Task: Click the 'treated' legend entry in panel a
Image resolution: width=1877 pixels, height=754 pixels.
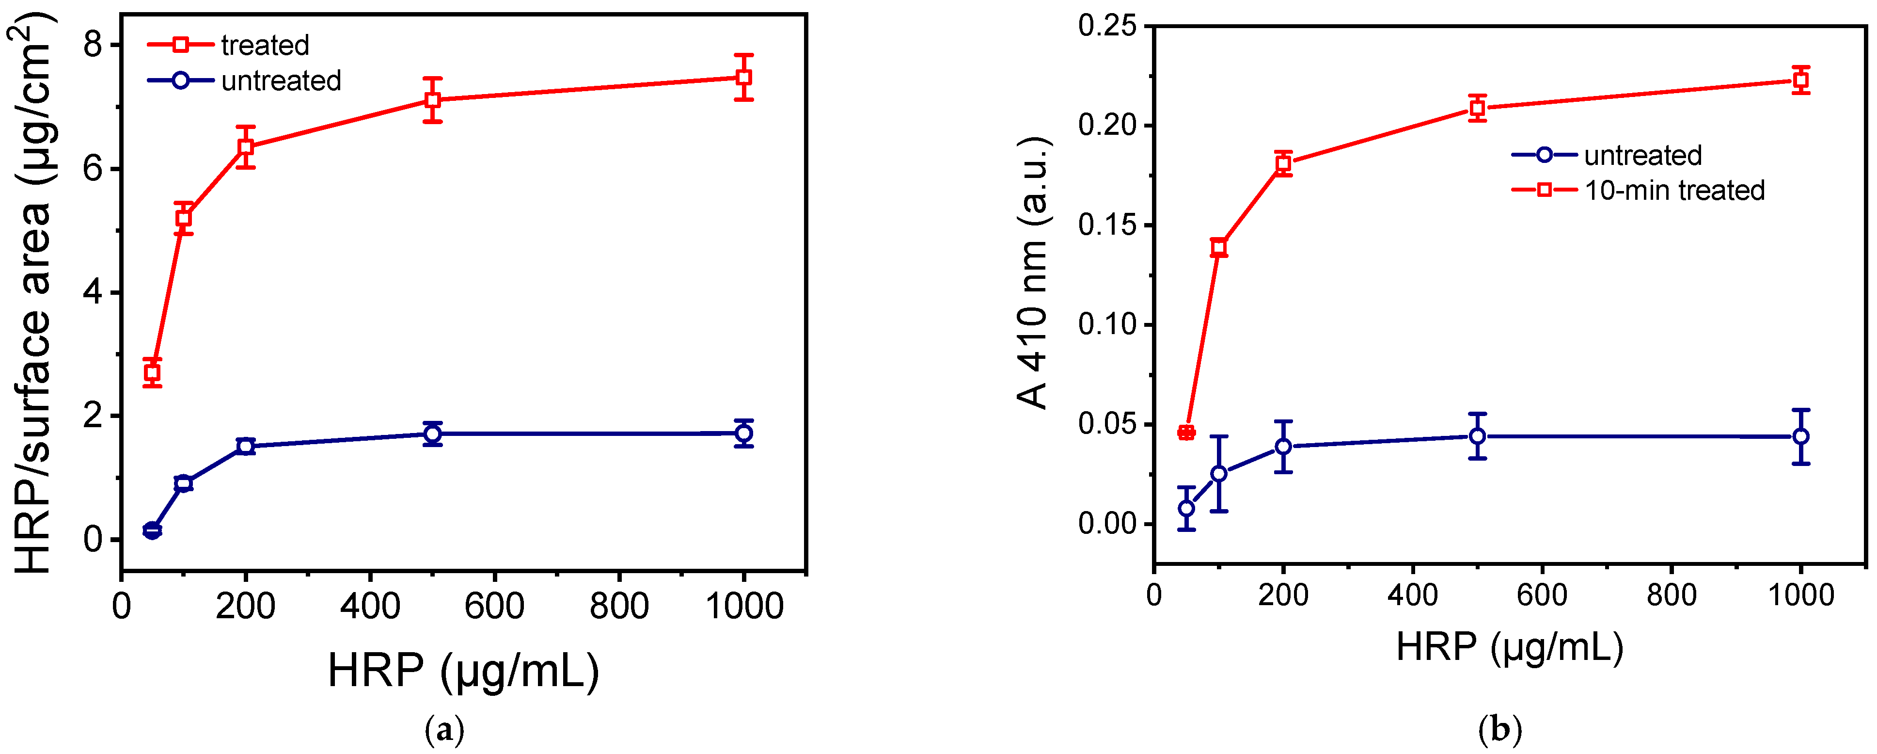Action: (x=265, y=45)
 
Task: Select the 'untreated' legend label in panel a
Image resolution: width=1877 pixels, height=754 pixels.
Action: (x=281, y=80)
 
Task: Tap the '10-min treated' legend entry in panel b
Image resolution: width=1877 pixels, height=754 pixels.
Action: (x=1674, y=191)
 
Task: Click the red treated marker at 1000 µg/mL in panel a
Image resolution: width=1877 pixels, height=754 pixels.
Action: (x=743, y=77)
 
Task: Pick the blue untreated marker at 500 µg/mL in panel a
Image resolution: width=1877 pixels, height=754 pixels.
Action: (x=433, y=434)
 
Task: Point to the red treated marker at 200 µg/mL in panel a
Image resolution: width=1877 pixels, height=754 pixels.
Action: (x=246, y=146)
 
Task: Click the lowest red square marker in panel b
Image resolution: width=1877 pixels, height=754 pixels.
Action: (x=1186, y=433)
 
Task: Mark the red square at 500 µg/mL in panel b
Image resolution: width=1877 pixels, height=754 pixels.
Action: (x=1477, y=108)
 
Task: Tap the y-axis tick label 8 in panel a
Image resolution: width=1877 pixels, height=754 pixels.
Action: (x=93, y=45)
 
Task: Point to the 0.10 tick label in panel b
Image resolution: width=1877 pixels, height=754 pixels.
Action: (x=1107, y=324)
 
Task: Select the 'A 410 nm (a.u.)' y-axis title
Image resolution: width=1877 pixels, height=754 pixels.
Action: (x=1032, y=273)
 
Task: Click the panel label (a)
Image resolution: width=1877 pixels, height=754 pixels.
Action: (x=444, y=729)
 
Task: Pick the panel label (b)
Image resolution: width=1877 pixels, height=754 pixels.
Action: (x=1500, y=729)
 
